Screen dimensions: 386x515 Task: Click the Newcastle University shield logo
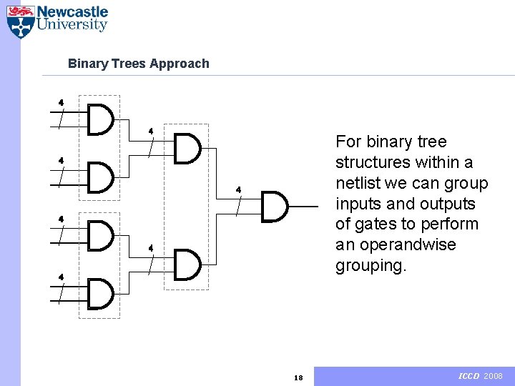coord(21,21)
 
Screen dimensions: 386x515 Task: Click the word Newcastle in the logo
coord(72,12)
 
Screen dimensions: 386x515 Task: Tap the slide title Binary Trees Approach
coord(138,64)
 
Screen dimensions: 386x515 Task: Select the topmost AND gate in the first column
coord(100,119)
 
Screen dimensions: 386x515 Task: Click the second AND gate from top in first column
coord(100,177)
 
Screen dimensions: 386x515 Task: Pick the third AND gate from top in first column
coord(100,235)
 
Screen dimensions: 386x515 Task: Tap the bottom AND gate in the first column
coord(100,293)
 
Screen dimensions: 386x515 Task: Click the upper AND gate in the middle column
coord(187,149)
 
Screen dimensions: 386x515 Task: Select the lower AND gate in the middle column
coord(187,264)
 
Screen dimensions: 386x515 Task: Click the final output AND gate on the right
coord(275,207)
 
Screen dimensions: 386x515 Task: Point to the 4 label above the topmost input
coord(61,102)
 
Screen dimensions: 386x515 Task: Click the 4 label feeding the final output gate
coord(239,189)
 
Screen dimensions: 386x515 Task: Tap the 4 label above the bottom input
coord(61,277)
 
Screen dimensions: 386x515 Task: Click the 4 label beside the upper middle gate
coord(151,131)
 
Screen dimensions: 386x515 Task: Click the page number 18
coord(299,377)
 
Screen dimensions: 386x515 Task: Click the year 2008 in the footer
coord(494,376)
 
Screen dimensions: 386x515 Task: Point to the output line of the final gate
coord(303,207)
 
